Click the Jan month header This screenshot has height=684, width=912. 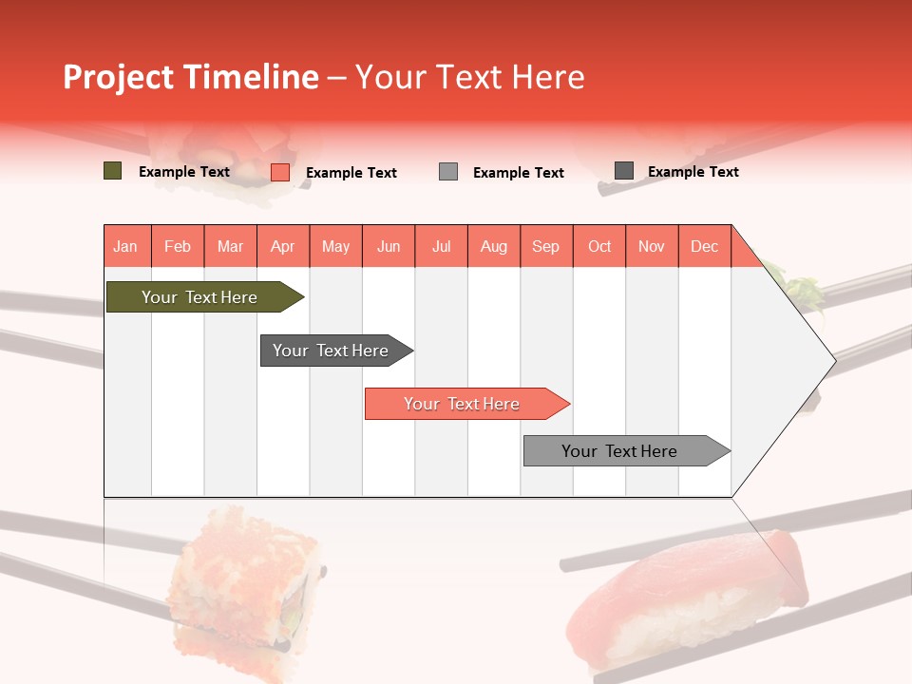click(x=126, y=246)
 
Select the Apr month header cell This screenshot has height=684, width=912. click(x=283, y=246)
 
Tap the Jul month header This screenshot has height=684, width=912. click(x=441, y=246)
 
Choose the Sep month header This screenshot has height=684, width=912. click(x=546, y=246)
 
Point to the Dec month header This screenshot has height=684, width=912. click(x=704, y=246)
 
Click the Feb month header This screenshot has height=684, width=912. click(x=178, y=246)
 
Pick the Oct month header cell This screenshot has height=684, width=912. click(x=599, y=246)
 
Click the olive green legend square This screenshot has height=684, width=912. click(x=113, y=171)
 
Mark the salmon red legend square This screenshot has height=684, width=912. click(x=280, y=172)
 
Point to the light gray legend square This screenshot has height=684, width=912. click(x=448, y=172)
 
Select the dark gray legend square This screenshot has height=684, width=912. click(x=624, y=171)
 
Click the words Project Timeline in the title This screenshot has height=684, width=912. click(x=191, y=77)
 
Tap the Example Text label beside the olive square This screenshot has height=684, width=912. click(x=184, y=172)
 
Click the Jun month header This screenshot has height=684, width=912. click(x=389, y=246)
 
